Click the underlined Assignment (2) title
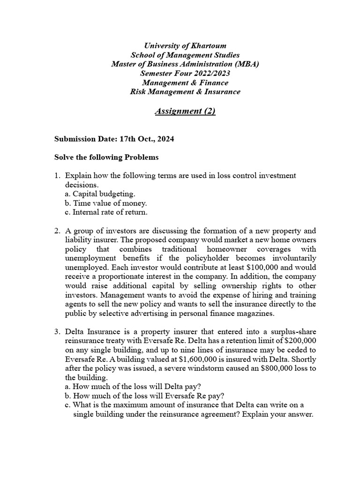coord(185,111)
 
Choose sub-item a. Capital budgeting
coord(100,194)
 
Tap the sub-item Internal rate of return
coord(106,212)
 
